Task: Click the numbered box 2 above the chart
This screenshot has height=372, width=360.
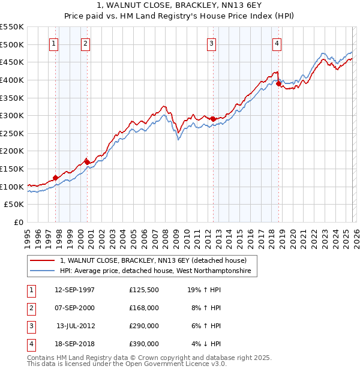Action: (x=86, y=43)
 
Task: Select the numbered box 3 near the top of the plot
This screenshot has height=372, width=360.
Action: (x=212, y=43)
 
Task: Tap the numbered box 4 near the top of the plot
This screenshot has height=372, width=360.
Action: (x=277, y=43)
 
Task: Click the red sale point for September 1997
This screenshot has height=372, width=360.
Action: (x=55, y=178)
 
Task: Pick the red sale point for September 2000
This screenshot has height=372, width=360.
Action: (x=87, y=162)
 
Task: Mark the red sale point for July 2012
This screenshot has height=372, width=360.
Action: (x=213, y=119)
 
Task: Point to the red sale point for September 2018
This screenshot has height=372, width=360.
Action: (x=278, y=84)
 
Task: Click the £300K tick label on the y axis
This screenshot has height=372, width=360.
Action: (x=12, y=115)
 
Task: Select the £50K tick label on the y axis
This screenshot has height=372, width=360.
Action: (x=14, y=205)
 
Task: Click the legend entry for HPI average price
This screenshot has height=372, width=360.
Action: (x=158, y=271)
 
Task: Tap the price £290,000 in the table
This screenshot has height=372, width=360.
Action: (x=143, y=326)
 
